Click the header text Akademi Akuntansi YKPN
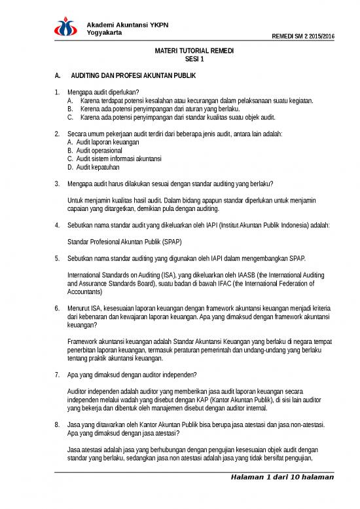(x=128, y=25)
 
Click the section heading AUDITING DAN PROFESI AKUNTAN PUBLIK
(x=135, y=76)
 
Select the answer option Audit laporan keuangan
(x=107, y=141)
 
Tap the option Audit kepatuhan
(x=98, y=167)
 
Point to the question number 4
(x=58, y=225)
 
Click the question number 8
(x=58, y=424)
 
